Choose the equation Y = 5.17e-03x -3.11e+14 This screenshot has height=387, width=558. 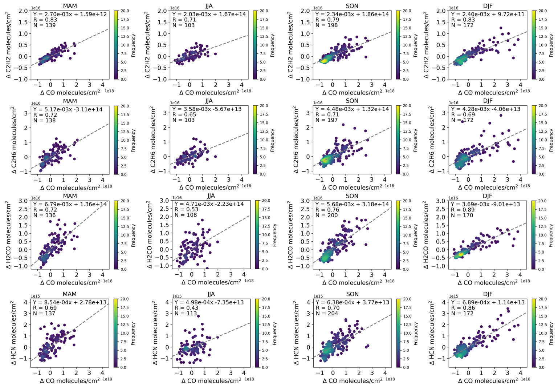68,109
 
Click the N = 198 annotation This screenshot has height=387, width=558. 326,25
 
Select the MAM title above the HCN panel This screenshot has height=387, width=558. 70,294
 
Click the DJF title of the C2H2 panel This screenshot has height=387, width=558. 488,5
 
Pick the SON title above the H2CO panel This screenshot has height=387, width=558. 352,196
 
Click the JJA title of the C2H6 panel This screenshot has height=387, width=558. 209,101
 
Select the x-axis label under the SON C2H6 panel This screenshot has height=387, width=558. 352,188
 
